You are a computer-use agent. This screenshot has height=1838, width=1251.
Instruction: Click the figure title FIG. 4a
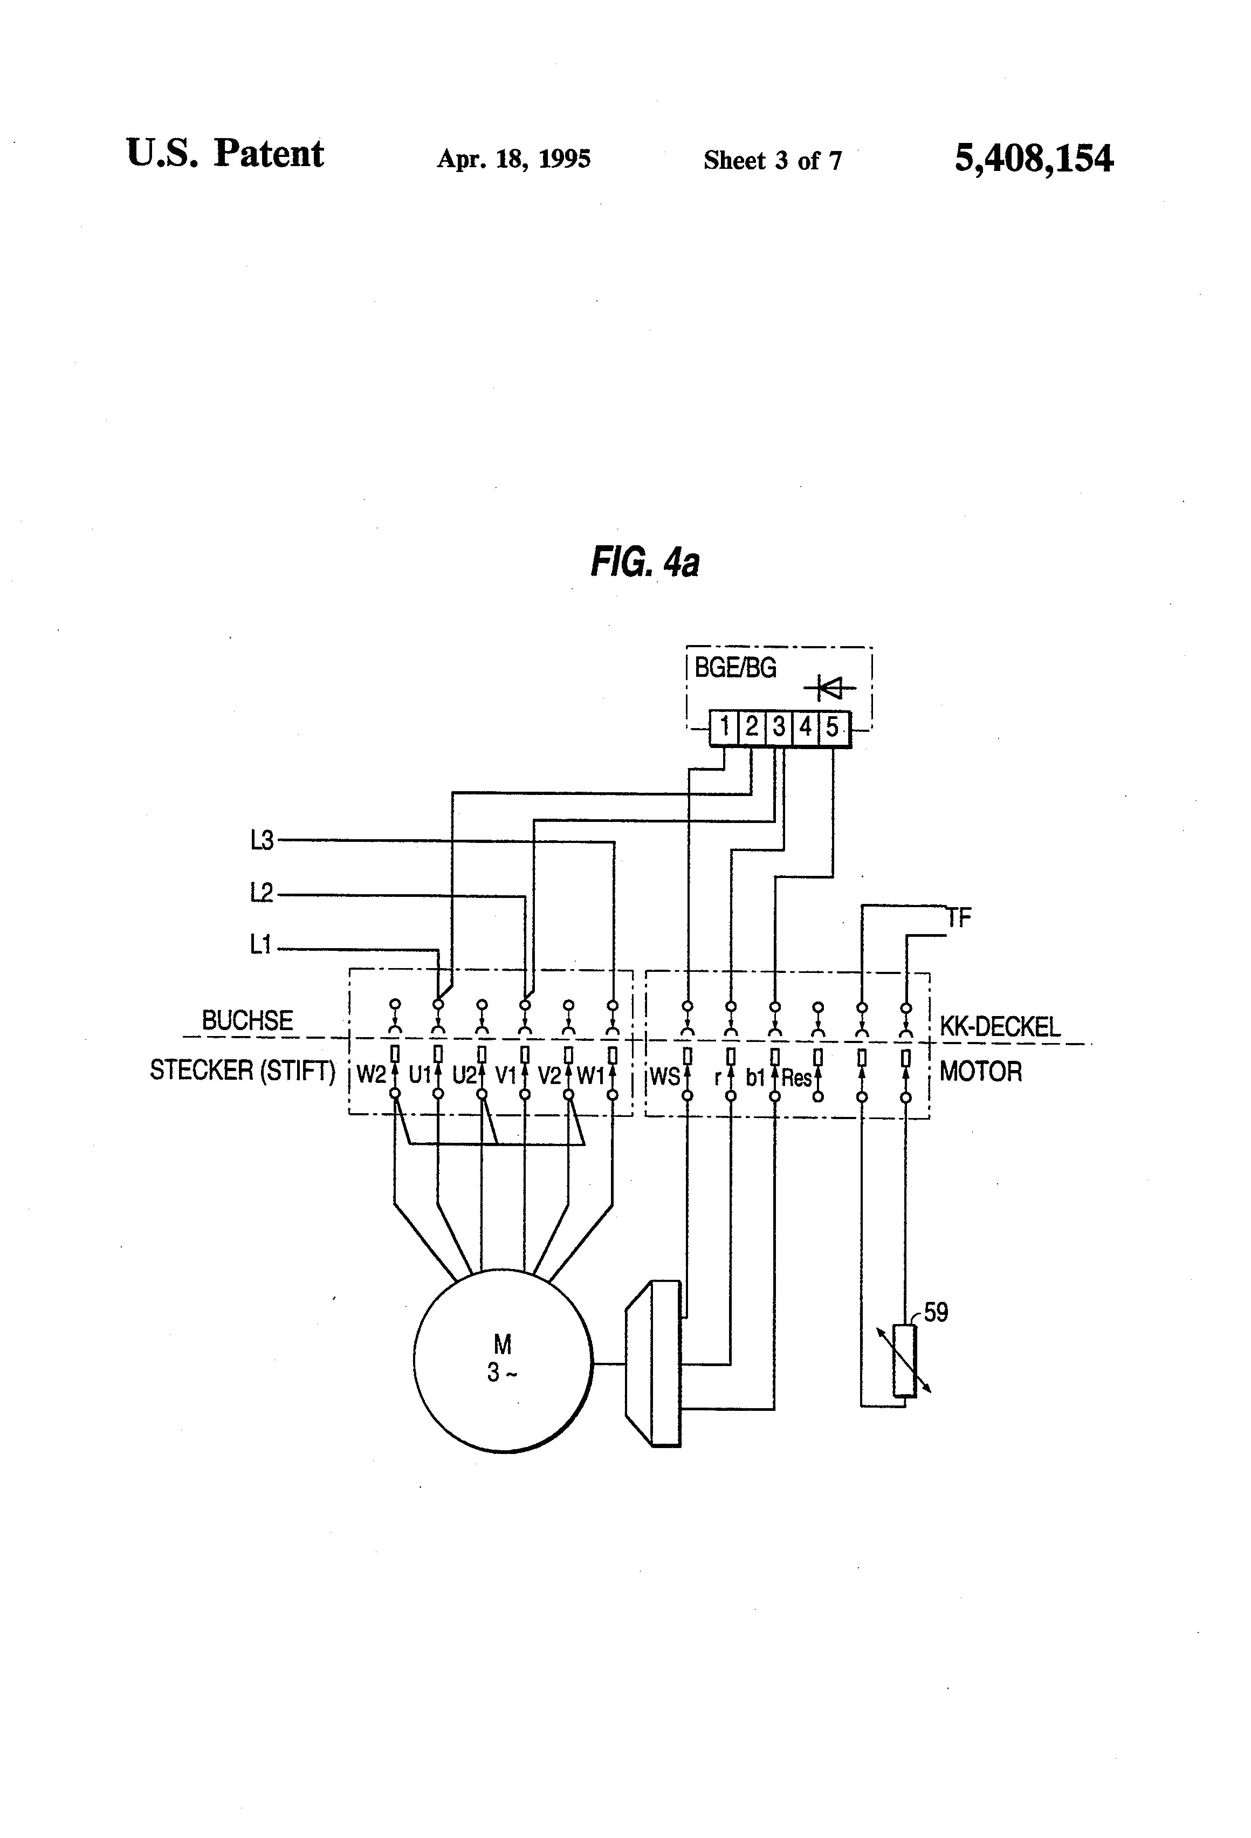coord(644,563)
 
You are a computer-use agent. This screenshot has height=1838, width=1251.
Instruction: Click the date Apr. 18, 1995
coord(513,159)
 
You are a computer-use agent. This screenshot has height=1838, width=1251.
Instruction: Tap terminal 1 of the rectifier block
coord(724,726)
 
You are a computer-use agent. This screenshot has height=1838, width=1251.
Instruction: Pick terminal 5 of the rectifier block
coord(832,726)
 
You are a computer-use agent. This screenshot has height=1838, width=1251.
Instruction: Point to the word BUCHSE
coord(247,1020)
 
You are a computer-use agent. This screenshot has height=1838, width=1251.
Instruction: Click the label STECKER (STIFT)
coord(243,1071)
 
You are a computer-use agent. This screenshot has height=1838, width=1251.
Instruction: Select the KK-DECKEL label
coord(1000,1027)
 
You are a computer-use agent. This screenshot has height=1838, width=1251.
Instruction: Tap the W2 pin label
coord(370,1075)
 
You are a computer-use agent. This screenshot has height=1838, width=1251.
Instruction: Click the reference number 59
coord(936,1313)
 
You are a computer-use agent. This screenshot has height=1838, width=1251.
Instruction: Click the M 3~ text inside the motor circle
coord(502,1357)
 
